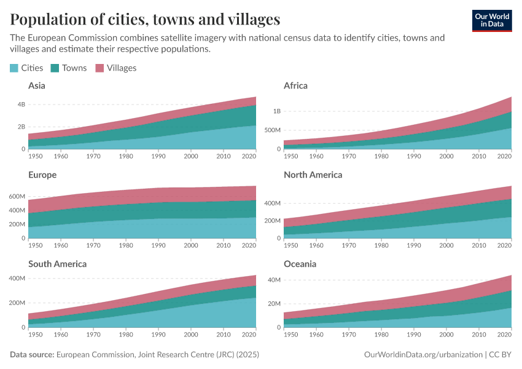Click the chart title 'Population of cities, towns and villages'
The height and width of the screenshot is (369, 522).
(146, 19)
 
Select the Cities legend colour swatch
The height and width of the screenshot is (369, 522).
(14, 68)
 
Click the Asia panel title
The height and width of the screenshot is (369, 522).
(37, 86)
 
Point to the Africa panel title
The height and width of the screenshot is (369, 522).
(295, 86)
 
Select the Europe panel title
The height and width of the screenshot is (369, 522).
(42, 175)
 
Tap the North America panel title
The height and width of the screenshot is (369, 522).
(313, 175)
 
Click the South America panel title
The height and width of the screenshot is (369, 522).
(57, 264)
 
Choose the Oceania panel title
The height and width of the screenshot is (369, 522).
(300, 264)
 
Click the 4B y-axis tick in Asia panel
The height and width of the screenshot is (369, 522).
(21, 105)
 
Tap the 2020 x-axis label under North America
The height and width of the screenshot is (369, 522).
(504, 245)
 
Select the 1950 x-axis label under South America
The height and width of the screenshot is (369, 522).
(36, 334)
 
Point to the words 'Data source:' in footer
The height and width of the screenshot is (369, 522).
(32, 355)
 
